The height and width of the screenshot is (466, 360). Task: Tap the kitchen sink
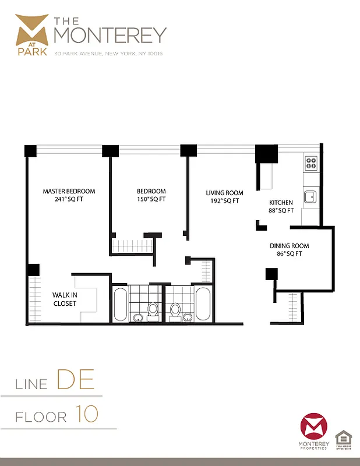coord(309,197)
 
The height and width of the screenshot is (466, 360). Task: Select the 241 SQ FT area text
coord(69,199)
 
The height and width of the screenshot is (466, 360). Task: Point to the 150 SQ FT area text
coord(151,199)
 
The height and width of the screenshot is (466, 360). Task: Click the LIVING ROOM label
coord(224,193)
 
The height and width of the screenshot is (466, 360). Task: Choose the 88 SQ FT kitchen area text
coord(281,211)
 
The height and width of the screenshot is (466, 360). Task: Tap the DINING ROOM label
coord(289,246)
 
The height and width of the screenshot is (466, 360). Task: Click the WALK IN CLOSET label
coord(65,299)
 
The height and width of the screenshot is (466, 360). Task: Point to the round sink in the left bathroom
coord(139,317)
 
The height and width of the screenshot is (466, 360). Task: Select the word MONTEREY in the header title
coord(110,34)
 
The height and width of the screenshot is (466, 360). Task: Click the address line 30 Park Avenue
coord(108,54)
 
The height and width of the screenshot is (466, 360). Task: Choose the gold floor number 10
coord(86,414)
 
